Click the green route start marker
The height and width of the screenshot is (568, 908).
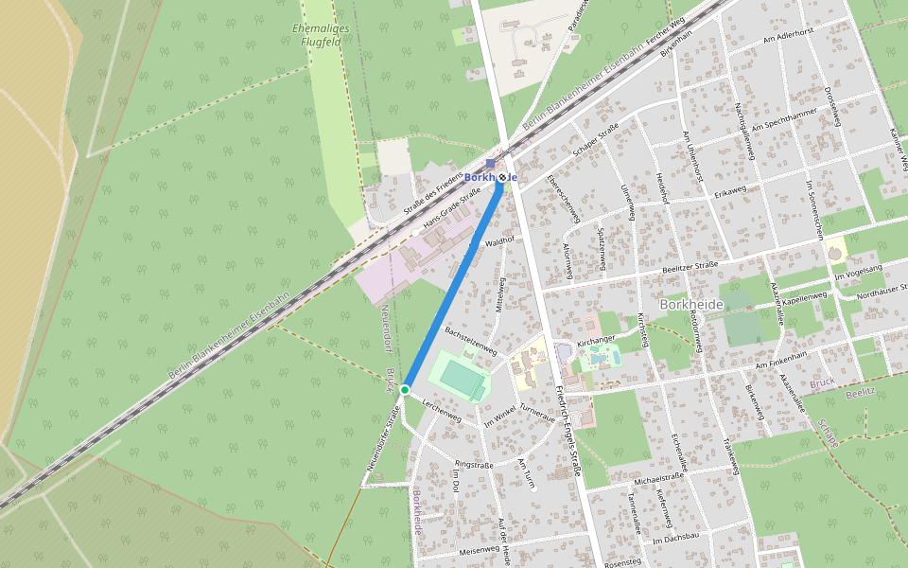404,390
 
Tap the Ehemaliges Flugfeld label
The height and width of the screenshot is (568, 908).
321,35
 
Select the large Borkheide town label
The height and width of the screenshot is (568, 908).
690,304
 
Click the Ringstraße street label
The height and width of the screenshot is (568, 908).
475,465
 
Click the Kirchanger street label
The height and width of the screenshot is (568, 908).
596,338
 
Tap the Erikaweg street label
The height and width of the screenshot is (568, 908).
730,191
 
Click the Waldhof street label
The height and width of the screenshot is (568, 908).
498,242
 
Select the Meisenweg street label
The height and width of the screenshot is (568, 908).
478,549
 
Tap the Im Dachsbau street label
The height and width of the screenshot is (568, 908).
675,541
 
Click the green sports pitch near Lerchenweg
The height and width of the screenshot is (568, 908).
461,376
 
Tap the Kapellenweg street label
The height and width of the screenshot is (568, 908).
804,296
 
